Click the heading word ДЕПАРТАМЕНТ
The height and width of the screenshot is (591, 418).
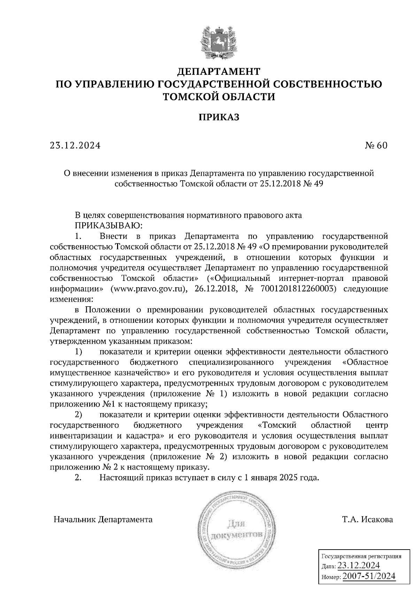(x=219, y=71)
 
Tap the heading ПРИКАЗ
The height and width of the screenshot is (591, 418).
(x=219, y=118)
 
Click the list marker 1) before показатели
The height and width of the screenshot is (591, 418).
(x=79, y=352)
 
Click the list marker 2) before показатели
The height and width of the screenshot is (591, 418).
(x=79, y=415)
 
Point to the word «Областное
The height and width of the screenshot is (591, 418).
(x=365, y=362)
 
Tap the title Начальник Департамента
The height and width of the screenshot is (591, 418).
(x=103, y=520)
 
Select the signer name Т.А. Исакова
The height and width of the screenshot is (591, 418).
(x=367, y=520)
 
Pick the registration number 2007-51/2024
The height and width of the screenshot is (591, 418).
(x=369, y=576)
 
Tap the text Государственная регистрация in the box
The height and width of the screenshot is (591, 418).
(x=361, y=556)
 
